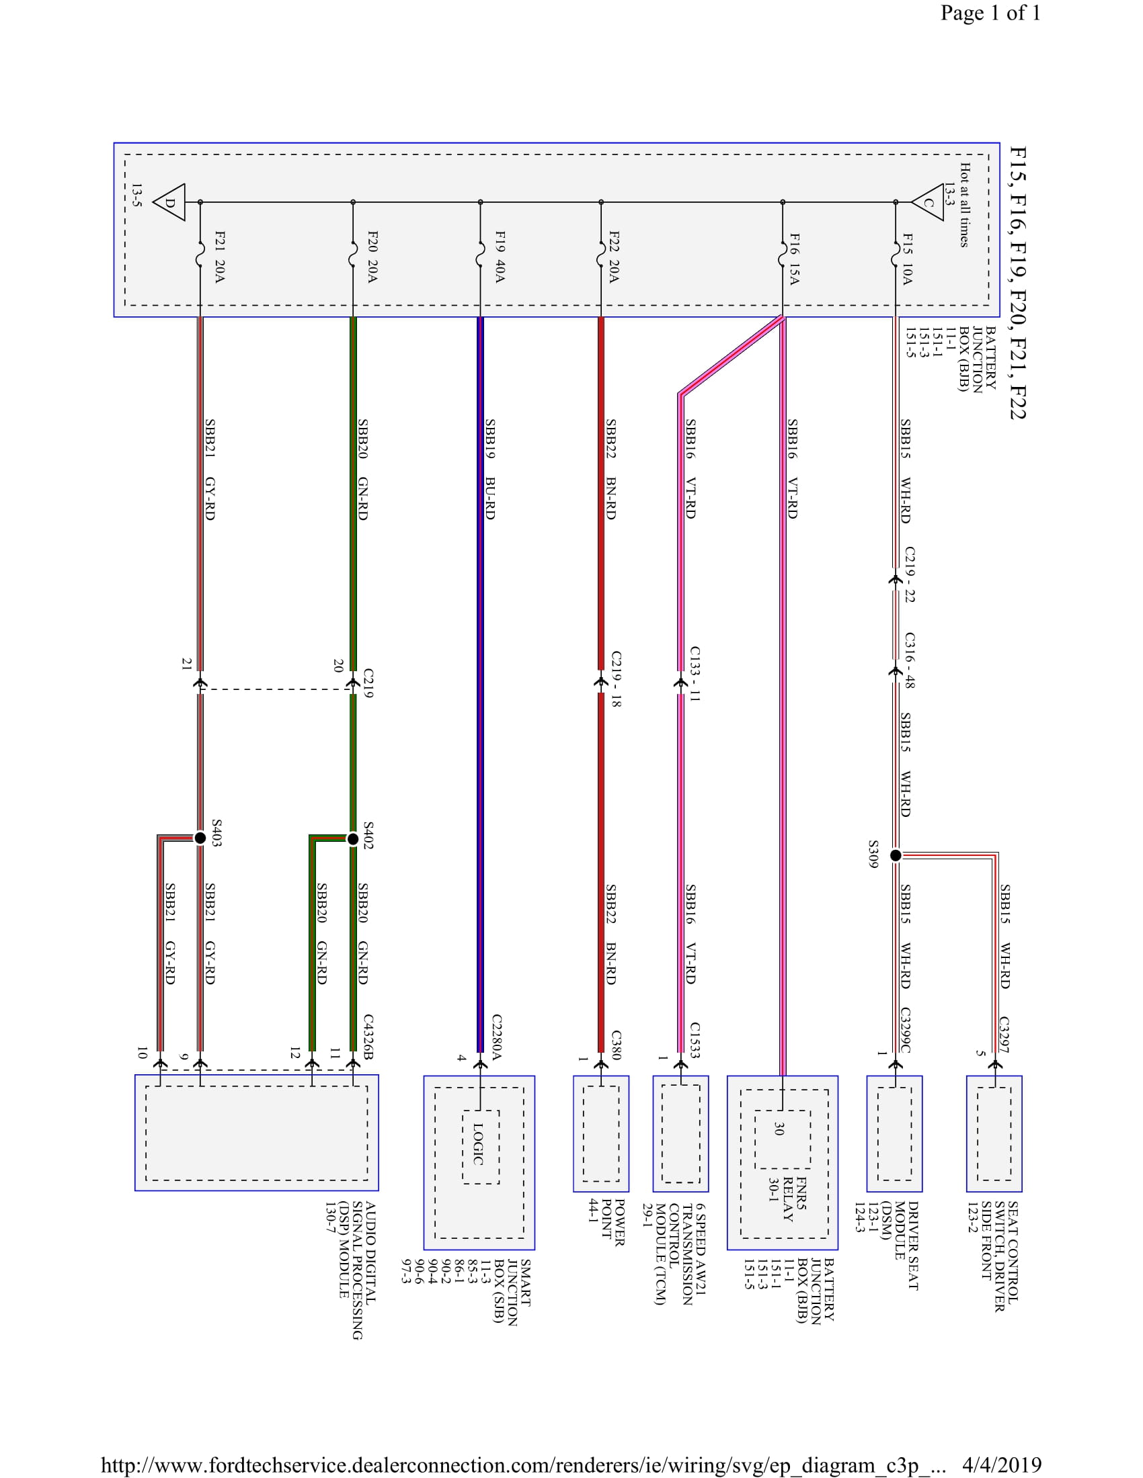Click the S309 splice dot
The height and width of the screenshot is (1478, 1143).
pyautogui.click(x=895, y=855)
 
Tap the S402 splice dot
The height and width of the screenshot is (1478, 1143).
pyautogui.click(x=353, y=839)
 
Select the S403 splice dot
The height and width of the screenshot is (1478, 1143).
pyautogui.click(x=200, y=838)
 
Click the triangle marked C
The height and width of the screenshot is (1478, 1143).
pyautogui.click(x=929, y=202)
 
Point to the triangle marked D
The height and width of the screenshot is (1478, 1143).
pyautogui.click(x=170, y=202)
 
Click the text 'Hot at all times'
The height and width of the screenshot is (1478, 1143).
pyautogui.click(x=964, y=205)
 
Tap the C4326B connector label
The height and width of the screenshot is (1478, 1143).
pyautogui.click(x=368, y=1036)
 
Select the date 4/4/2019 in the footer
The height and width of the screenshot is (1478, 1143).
pyautogui.click(x=1002, y=1465)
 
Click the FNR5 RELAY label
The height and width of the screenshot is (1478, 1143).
pyautogui.click(x=794, y=1198)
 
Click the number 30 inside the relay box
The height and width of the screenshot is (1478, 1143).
pyautogui.click(x=779, y=1129)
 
